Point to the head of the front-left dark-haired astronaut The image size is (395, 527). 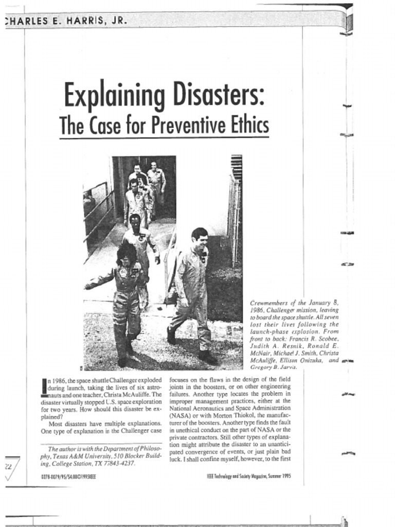pyautogui.click(x=125, y=255)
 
